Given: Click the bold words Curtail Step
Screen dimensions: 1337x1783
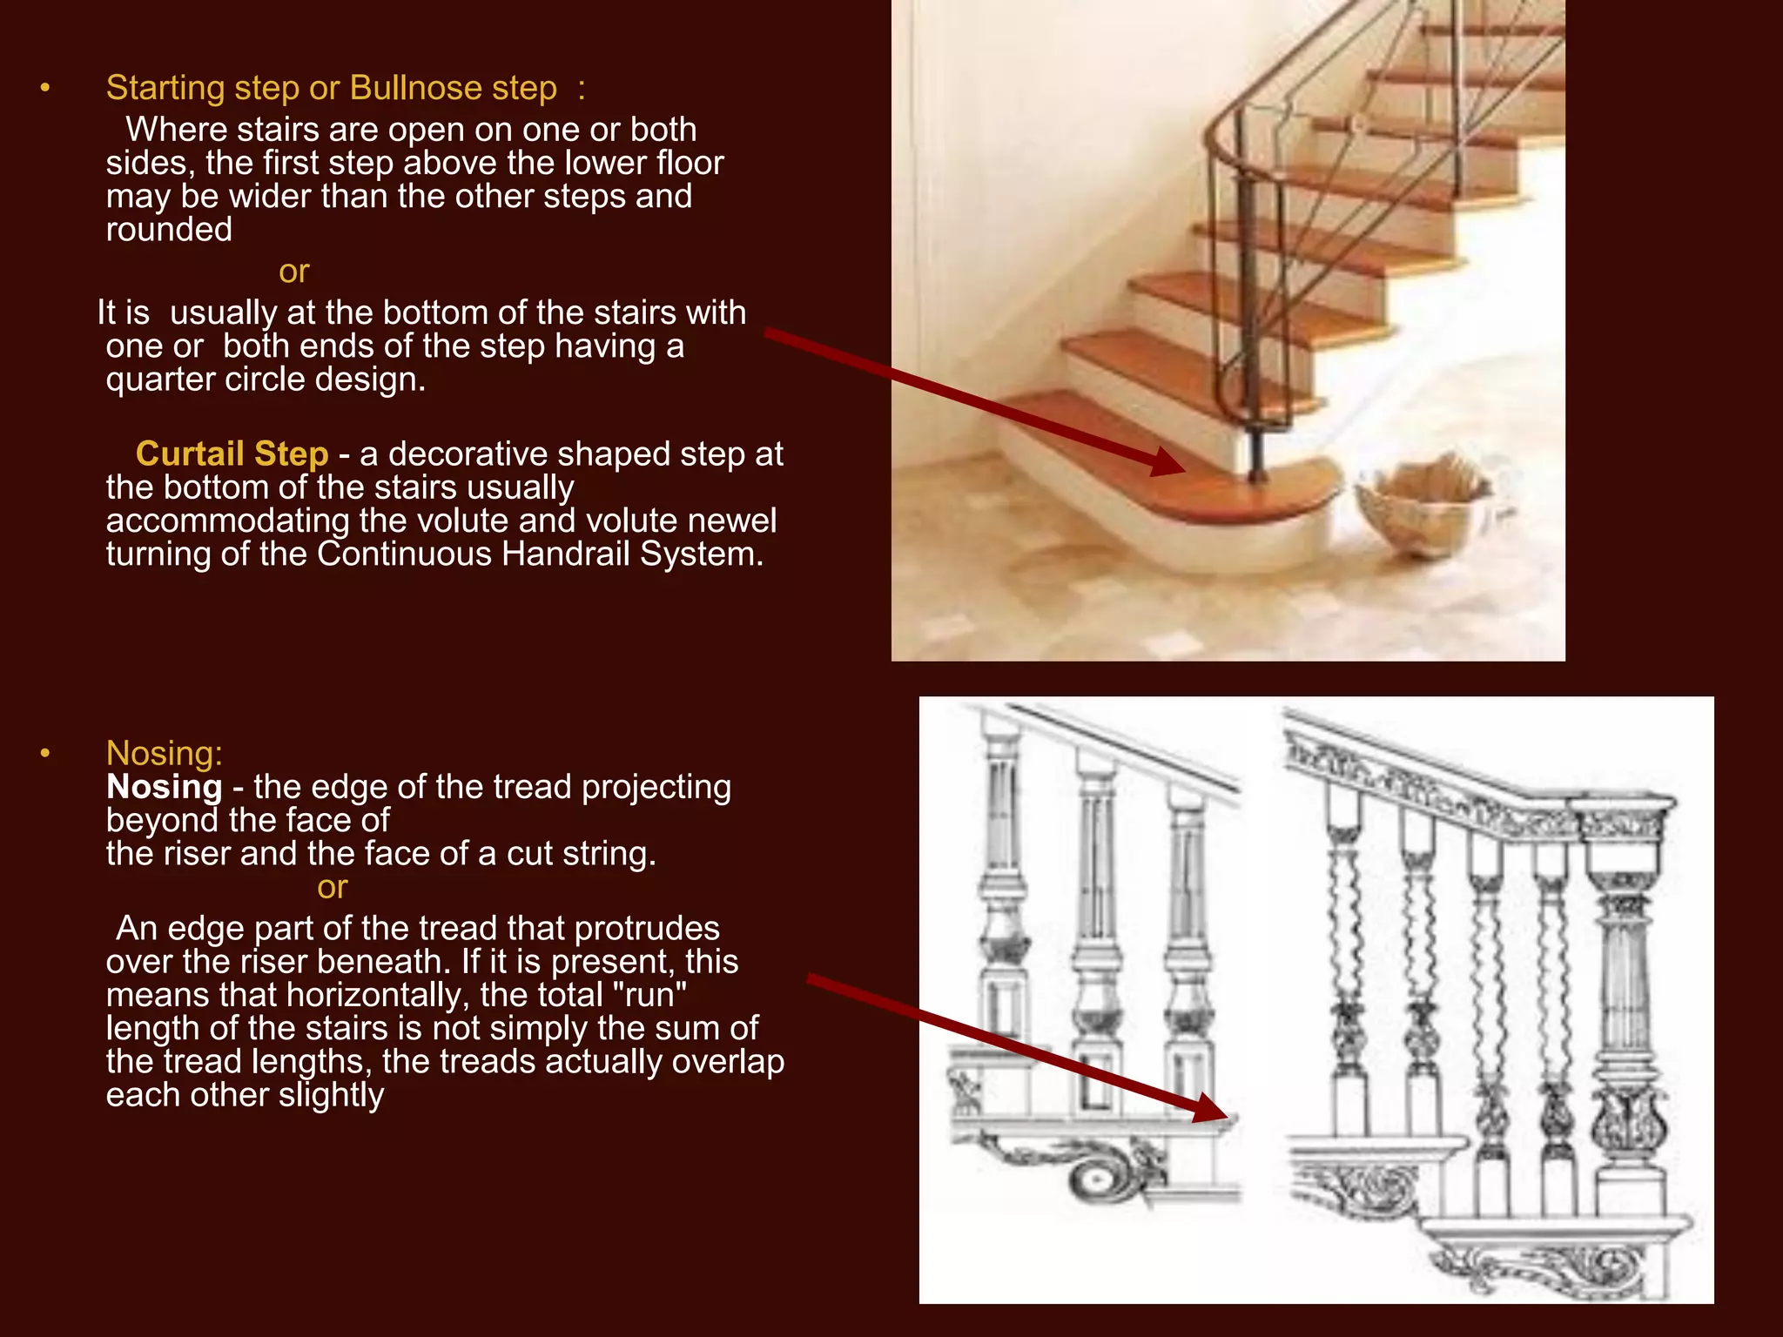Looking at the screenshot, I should tap(232, 454).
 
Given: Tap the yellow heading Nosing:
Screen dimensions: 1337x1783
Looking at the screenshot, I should tap(164, 753).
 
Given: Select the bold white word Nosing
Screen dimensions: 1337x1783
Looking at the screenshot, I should tap(164, 787).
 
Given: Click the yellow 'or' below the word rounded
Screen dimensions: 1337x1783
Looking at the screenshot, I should tap(293, 272).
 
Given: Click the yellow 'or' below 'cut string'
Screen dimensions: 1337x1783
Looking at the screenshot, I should tap(332, 887).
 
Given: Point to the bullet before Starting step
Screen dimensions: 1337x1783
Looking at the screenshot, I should tap(45, 88).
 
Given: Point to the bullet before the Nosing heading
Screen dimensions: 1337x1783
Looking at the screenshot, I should tap(45, 753).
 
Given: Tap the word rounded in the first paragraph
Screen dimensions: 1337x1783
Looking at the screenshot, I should tap(169, 230).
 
